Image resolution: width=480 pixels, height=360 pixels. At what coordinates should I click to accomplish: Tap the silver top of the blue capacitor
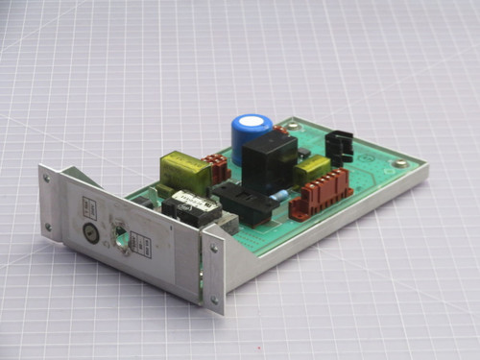[252, 125]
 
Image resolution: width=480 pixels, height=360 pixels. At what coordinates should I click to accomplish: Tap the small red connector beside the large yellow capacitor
[218, 169]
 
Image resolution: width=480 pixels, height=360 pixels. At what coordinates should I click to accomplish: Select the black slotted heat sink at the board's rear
[338, 144]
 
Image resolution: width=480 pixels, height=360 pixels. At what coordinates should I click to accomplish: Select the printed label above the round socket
[87, 207]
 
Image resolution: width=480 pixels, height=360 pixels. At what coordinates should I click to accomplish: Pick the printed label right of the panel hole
[142, 247]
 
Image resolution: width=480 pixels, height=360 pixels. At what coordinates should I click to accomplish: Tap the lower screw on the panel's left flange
[48, 226]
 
